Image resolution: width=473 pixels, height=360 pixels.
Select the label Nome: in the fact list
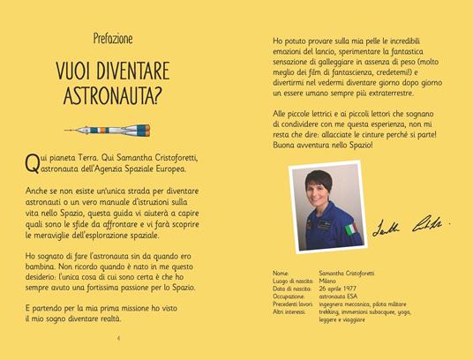click(x=282, y=274)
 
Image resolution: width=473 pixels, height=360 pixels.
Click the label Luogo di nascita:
click(x=295, y=282)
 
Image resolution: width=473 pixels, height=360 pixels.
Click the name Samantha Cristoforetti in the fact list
click(x=349, y=274)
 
